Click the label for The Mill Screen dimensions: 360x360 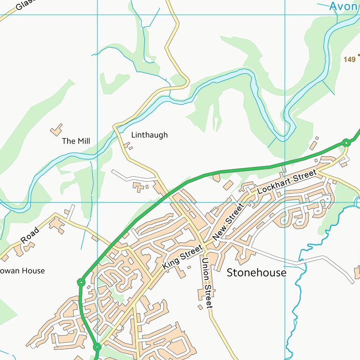tap(76, 141)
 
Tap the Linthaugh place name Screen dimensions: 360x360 tap(149, 135)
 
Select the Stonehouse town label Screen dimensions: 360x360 tap(256, 273)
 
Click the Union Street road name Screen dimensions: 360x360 tap(207, 283)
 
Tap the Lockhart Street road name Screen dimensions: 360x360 tap(287, 182)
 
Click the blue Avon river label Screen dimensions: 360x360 tap(344, 6)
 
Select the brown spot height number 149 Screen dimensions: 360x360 tap(349, 60)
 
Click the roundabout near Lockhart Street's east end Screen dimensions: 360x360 tap(346, 142)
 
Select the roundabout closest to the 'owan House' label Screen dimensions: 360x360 tap(81, 282)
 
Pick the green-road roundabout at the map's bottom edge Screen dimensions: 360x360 tap(97, 347)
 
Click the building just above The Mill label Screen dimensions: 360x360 tap(56, 129)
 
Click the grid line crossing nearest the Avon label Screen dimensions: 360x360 tap(285, 15)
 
